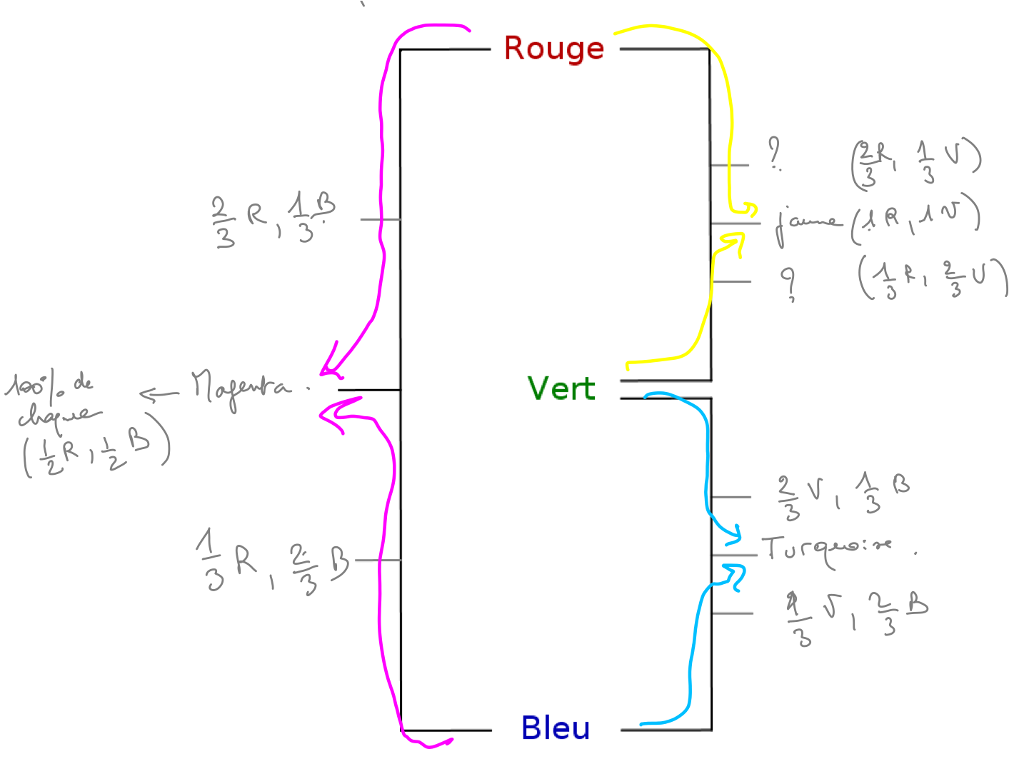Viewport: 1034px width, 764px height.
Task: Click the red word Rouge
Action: coord(553,49)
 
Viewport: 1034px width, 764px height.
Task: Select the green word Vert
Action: coord(561,389)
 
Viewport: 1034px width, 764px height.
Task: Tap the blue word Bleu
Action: coord(556,728)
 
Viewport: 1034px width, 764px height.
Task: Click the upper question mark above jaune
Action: coord(775,154)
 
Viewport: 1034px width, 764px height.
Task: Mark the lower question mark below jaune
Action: coord(788,283)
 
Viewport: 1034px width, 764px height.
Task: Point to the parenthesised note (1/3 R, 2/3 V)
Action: coord(933,278)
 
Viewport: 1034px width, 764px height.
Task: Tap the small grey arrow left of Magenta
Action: coord(159,393)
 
